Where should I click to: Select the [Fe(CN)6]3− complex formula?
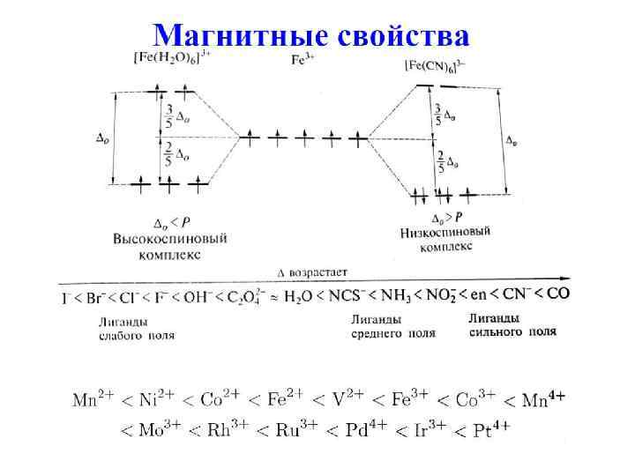click(x=435, y=65)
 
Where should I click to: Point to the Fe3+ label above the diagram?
click(x=303, y=59)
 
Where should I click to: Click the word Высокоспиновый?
click(x=170, y=239)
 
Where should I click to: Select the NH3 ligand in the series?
click(x=400, y=294)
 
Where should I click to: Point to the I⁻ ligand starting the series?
click(x=66, y=298)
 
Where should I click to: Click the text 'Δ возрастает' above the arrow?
click(x=313, y=273)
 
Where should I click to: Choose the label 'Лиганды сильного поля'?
click(x=512, y=325)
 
